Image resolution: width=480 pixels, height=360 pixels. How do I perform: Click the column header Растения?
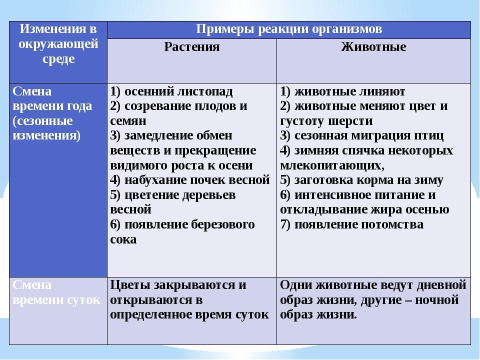(192, 47)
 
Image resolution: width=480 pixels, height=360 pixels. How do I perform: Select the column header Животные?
(373, 47)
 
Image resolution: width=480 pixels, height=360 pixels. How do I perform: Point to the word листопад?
(205, 91)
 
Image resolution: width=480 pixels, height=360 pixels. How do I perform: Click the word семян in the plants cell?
(128, 121)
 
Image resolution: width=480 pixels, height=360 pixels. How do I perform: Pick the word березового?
(223, 224)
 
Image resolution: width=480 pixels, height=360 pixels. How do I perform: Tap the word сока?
(123, 239)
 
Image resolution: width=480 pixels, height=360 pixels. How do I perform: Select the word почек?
(207, 180)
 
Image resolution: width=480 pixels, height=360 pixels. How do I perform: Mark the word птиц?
(428, 135)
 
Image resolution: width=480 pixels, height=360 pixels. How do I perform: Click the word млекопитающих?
(332, 165)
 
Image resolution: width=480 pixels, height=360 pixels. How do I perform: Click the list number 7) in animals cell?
(285, 224)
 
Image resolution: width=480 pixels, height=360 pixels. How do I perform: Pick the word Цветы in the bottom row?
(130, 285)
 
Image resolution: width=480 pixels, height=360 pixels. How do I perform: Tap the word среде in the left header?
(58, 59)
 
